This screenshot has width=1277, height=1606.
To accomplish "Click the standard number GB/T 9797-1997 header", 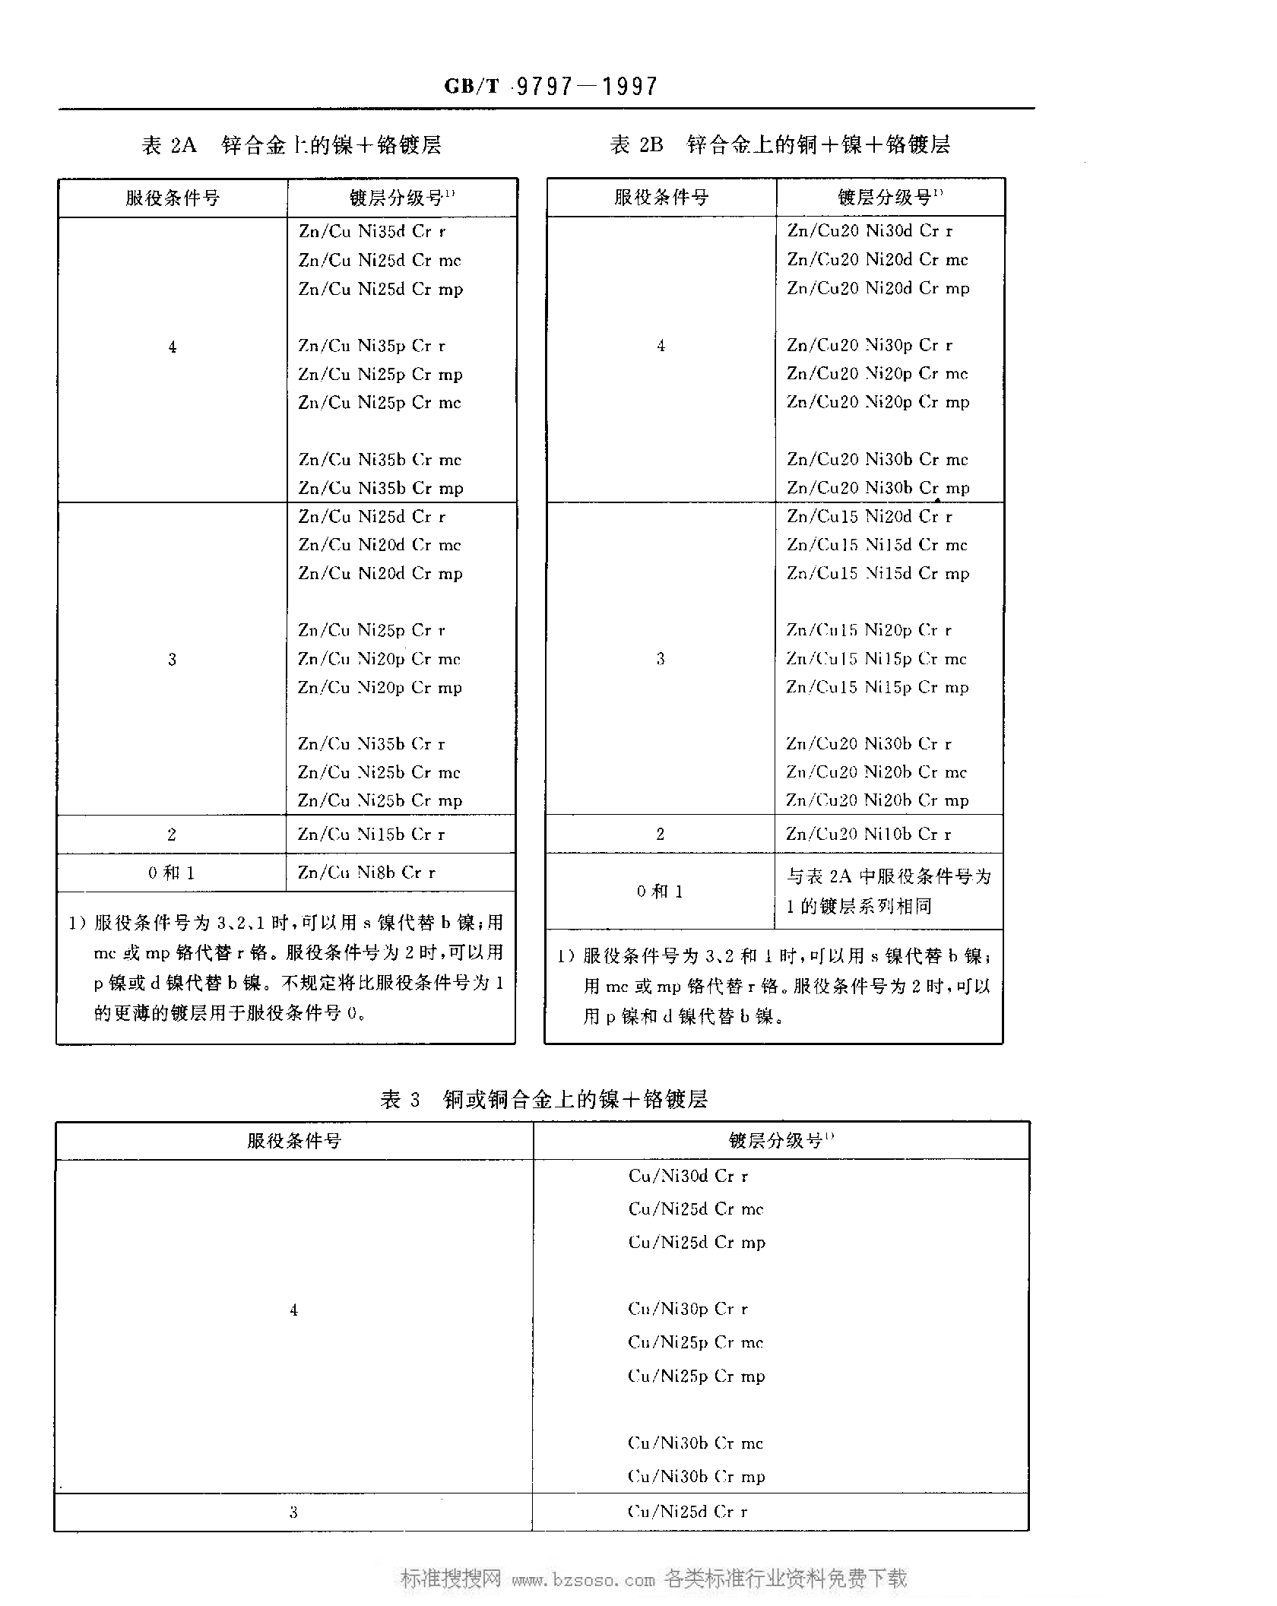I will coord(550,87).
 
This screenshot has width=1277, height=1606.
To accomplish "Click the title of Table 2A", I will coord(291,145).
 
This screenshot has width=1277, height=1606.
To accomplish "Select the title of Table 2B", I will coord(779,144).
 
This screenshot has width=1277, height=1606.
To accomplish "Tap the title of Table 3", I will coord(543,1099).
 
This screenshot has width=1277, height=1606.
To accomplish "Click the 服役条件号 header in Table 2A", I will coord(173,198).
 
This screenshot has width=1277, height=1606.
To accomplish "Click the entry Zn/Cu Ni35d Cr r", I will coord(372,231).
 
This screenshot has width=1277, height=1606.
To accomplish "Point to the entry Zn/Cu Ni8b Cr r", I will coord(366,873).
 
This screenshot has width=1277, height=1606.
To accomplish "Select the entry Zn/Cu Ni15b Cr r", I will coord(371,834).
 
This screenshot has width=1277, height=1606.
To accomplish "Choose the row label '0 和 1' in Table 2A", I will coord(172,873).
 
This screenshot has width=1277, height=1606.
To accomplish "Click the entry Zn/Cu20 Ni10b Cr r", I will coord(868,834).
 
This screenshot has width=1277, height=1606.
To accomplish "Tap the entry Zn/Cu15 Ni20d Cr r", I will coord(869,517).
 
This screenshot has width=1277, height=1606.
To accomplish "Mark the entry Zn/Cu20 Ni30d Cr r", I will coord(870,230).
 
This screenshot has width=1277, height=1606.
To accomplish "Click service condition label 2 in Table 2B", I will coord(660,834).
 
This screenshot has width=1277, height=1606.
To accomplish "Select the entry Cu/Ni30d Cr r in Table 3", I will coord(687,1176).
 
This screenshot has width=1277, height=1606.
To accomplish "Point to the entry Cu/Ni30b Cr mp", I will coord(696,1476).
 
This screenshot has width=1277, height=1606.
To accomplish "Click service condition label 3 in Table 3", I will coord(293,1512).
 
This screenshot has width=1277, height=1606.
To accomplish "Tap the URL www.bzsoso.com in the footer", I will coord(583,1579).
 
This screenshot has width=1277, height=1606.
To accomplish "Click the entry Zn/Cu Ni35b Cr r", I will coord(371,743).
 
